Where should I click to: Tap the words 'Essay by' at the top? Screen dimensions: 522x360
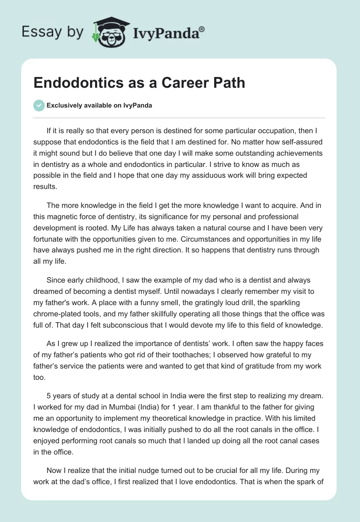pos(52,32)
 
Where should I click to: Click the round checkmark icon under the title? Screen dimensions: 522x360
pos(39,106)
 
